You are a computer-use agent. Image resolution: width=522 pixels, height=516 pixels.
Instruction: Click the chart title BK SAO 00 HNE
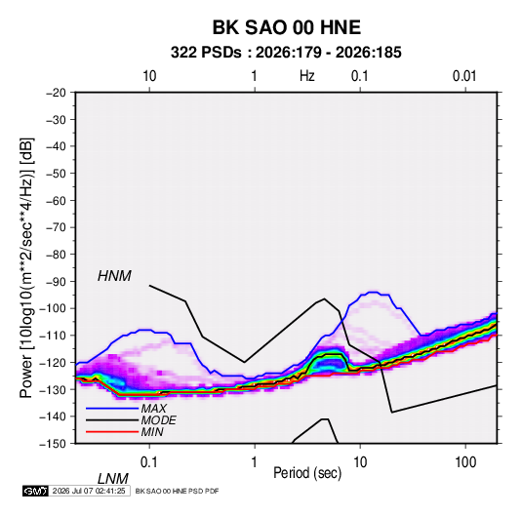coord(287,27)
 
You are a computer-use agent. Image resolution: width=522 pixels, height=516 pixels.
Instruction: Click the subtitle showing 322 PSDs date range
coord(286,53)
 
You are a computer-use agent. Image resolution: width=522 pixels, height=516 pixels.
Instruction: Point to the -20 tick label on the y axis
coord(56,93)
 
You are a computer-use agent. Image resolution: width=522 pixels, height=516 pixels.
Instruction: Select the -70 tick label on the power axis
coord(56,227)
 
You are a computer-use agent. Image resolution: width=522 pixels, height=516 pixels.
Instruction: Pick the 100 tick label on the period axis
coord(465,462)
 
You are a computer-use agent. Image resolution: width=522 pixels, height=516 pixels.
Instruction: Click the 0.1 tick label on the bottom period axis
coord(148,462)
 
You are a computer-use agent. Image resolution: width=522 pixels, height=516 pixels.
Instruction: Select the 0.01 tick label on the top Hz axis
coord(464,76)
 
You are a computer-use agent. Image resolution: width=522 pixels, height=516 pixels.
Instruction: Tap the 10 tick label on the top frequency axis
coord(149,76)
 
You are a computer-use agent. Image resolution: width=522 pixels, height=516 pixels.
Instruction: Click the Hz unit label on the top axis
coord(307,76)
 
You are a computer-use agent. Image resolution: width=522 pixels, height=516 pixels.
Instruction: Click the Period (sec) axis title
coord(307,473)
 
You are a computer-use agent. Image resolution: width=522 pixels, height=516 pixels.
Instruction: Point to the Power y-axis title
coord(26,268)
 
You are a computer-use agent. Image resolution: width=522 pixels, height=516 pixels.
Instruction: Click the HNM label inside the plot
coord(114,276)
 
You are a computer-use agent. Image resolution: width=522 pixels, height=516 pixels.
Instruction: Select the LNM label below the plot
coord(112,479)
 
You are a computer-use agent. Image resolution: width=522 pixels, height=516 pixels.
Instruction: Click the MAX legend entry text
coord(153,409)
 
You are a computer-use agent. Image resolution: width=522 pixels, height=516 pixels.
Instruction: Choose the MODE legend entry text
coord(158,420)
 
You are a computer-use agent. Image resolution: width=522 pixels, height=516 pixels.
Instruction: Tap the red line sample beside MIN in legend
coord(112,432)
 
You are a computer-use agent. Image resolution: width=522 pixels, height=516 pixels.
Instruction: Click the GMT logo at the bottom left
coord(35,491)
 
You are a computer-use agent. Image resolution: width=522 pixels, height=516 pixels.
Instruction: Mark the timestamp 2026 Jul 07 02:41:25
coord(89,491)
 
